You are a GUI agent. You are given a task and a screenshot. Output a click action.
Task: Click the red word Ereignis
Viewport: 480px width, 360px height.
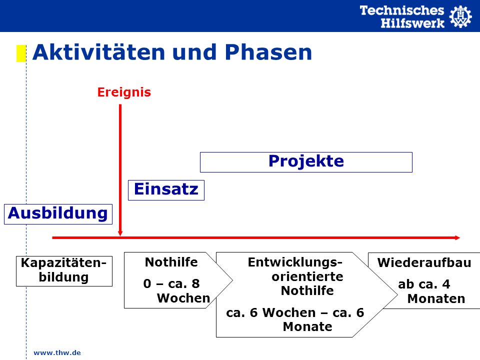[x=124, y=92]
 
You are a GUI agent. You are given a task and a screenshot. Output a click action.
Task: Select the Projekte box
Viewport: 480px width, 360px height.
[x=306, y=162]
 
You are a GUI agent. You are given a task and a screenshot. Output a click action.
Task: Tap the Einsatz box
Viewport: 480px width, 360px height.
[x=166, y=190]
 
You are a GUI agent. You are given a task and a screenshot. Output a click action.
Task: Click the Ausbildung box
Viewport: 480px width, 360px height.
[x=58, y=214]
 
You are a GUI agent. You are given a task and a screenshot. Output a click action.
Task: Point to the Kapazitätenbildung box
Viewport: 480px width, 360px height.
[x=64, y=271]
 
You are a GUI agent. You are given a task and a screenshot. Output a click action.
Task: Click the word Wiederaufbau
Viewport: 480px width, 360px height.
[x=424, y=262]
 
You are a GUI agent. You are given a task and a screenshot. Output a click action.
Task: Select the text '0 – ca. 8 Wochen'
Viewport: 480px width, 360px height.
[x=176, y=291]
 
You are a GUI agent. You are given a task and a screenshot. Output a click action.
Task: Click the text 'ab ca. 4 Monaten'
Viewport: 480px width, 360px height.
[x=431, y=291]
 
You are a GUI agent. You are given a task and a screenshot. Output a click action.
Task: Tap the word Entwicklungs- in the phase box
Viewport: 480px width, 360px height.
[x=295, y=262]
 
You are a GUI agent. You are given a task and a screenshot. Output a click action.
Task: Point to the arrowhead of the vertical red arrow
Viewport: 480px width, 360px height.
[x=120, y=233]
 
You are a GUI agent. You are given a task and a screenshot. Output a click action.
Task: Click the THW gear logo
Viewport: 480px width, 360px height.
[x=460, y=16]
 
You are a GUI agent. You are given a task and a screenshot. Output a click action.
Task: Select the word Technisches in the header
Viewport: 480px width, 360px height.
[x=401, y=10]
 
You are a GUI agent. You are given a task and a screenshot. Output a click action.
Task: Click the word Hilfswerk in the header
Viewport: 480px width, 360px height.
[x=412, y=23]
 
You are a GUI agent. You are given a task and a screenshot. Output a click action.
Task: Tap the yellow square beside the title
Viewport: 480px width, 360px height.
[x=21, y=53]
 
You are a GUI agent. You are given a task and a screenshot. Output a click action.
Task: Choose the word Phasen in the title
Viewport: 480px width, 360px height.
[x=268, y=52]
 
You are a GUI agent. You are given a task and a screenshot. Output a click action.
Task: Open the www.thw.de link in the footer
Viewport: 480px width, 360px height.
[x=57, y=352]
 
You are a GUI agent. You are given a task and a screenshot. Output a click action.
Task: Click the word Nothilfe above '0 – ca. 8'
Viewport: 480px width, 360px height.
[x=171, y=262]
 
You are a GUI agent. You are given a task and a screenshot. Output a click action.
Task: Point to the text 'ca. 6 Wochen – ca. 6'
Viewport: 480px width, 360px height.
[x=295, y=312]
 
